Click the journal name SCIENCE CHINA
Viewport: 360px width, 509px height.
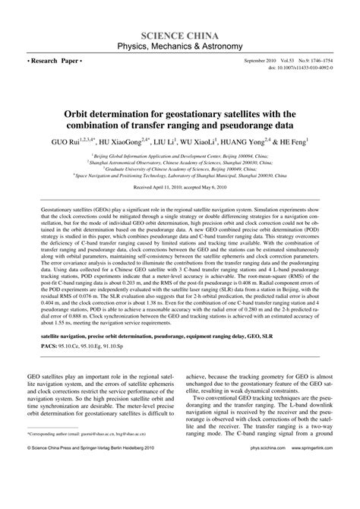180,36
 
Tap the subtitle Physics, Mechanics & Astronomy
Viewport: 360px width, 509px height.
180,47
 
